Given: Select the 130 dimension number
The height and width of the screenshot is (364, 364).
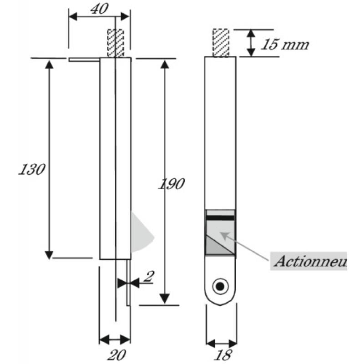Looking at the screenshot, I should [32, 170].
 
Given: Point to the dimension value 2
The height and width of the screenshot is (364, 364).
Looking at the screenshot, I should [148, 277].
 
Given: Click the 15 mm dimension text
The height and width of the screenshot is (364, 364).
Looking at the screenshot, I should [284, 45].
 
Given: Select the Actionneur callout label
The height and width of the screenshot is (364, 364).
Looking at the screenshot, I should [309, 262].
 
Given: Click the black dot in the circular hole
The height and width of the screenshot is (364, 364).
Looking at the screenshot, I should [221, 286].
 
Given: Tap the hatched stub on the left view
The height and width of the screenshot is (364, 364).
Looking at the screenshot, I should [116, 43].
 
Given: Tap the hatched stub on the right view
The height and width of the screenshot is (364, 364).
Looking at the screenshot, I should [221, 43].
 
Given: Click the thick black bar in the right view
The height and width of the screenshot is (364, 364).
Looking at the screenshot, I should [221, 218].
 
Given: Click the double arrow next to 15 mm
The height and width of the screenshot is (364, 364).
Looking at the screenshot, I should [250, 43].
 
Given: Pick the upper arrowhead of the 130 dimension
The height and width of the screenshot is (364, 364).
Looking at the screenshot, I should [49, 64].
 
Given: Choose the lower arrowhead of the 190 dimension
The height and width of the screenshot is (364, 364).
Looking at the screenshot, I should [165, 298].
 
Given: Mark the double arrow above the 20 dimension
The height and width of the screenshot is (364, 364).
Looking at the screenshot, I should [115, 339].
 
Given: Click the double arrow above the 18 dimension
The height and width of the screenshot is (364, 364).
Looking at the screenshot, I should [221, 343].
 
